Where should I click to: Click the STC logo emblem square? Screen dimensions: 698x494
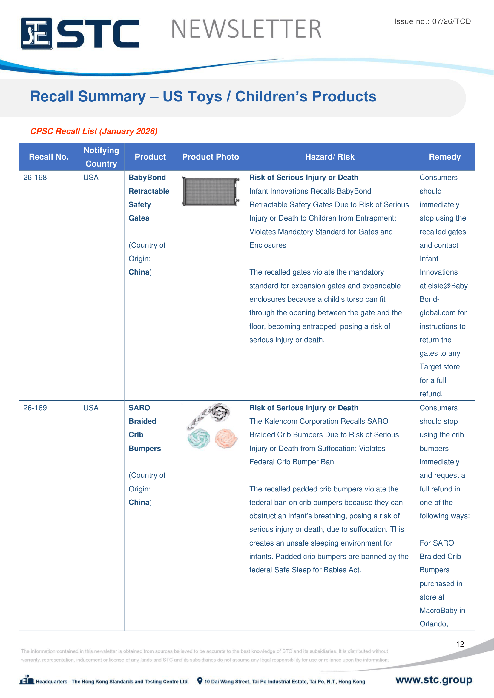[x=36, y=33]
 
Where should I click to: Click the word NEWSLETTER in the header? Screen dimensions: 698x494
[x=246, y=29]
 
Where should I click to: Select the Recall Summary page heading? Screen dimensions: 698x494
[x=203, y=97]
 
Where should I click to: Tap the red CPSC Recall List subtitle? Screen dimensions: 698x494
[x=94, y=131]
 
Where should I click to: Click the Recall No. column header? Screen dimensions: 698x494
[x=49, y=157]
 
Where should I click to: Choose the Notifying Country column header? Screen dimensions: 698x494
[x=101, y=157]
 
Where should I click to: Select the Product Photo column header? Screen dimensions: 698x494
[x=211, y=157]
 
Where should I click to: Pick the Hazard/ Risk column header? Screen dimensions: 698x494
[x=330, y=157]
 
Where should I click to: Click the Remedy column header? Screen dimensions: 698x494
[x=444, y=157]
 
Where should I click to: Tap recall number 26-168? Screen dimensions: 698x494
[x=35, y=178]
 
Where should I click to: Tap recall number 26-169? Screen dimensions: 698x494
[x=35, y=408]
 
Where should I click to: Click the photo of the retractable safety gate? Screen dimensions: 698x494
[x=211, y=192]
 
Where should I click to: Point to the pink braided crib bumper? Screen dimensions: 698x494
[x=226, y=438]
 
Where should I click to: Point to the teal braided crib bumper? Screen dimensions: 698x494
[x=199, y=438]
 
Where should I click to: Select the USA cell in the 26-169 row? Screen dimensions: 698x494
[x=91, y=408]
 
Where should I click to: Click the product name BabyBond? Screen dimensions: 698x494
[x=147, y=178]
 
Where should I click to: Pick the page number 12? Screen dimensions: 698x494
[x=460, y=644]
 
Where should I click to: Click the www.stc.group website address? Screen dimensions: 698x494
[x=433, y=680]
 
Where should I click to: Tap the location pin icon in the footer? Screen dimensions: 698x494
[x=200, y=681]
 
